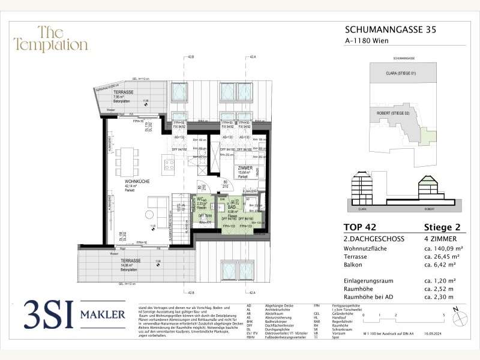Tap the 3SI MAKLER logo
74,314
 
